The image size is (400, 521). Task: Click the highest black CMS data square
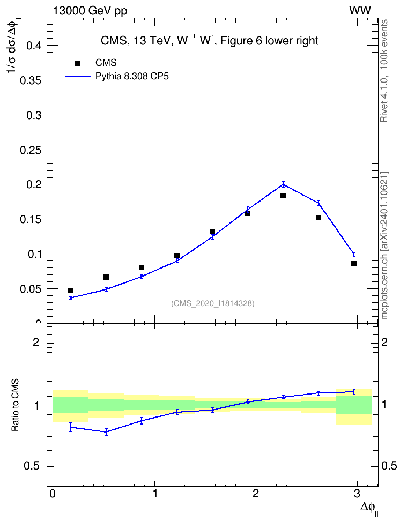[283, 196]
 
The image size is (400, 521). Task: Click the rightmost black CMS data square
[354, 264]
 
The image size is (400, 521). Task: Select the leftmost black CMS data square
[70, 291]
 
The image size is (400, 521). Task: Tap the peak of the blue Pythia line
[283, 184]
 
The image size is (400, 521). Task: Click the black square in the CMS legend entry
[78, 63]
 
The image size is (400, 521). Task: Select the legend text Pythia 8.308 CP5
[132, 77]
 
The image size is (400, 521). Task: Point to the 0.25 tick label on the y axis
[31, 150]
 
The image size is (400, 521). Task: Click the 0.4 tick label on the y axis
[34, 46]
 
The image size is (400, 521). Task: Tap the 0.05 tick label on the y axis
[31, 289]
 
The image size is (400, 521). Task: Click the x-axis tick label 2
[256, 494]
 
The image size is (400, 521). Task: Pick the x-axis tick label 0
[53, 494]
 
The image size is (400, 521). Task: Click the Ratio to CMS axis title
[16, 405]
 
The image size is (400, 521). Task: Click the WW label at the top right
[360, 11]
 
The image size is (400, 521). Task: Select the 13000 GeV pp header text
[90, 11]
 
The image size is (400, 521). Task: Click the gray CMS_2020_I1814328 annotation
[213, 303]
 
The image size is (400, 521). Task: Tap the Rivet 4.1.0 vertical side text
[384, 71]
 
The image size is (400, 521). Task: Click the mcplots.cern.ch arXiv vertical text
[384, 245]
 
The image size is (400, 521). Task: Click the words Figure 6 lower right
[269, 41]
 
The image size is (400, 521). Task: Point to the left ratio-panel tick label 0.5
[32, 466]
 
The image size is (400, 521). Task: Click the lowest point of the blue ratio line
[106, 432]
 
